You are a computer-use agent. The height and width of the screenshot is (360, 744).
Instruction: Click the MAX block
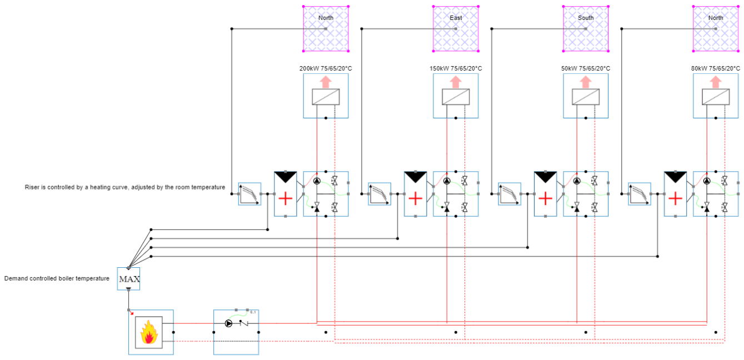pyautogui.click(x=128, y=279)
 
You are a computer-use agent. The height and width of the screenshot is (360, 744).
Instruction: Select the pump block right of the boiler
pyautogui.click(x=236, y=332)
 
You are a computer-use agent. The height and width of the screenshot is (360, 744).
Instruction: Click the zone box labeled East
pyautogui.click(x=456, y=28)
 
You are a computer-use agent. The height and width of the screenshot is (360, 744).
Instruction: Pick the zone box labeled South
pyautogui.click(x=586, y=28)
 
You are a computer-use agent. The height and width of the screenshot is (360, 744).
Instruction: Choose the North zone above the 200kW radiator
pyautogui.click(x=326, y=28)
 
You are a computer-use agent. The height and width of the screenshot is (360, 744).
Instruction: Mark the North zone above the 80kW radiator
pyautogui.click(x=716, y=28)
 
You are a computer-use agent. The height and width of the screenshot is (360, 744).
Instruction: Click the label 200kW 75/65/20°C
pyautogui.click(x=326, y=68)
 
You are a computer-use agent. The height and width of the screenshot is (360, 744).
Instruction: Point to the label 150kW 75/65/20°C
pyautogui.click(x=456, y=68)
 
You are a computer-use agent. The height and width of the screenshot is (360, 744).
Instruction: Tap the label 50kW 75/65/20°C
pyautogui.click(x=586, y=68)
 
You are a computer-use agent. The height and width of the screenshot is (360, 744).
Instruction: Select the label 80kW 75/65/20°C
pyautogui.click(x=716, y=68)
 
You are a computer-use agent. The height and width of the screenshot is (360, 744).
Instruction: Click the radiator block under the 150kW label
pyautogui.click(x=456, y=96)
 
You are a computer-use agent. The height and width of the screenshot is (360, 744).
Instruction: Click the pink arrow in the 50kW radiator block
pyautogui.click(x=586, y=82)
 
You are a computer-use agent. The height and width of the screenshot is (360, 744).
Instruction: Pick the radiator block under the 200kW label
pyautogui.click(x=326, y=96)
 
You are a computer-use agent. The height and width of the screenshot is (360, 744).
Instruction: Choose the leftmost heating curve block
pyautogui.click(x=249, y=194)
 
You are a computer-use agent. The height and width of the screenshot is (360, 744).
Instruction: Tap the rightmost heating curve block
pyautogui.click(x=640, y=194)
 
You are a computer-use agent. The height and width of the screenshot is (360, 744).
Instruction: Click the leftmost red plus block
pyautogui.click(x=286, y=194)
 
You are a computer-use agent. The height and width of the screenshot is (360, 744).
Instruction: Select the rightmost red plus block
pyautogui.click(x=676, y=194)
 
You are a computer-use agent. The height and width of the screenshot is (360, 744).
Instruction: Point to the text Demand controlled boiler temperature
pyautogui.click(x=57, y=278)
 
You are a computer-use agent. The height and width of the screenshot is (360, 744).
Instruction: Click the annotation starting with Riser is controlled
pyautogui.click(x=125, y=187)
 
